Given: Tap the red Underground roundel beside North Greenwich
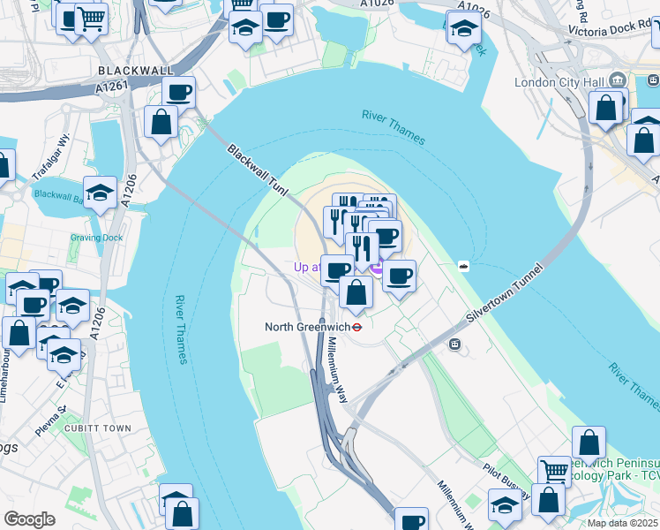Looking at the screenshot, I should coord(357,327).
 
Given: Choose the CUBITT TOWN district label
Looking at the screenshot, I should coord(97,428).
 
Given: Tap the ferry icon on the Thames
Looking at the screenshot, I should coord(462,265).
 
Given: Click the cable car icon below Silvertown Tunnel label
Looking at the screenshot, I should coord(454,344).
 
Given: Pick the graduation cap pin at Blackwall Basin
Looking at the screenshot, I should coord(101,193).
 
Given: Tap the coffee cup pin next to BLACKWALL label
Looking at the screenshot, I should coord(178,91).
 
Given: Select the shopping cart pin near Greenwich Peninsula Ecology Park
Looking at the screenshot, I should coord(554,470).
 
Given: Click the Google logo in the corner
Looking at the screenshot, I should coord(29,519).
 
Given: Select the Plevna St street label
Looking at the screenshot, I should coord(51,413).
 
